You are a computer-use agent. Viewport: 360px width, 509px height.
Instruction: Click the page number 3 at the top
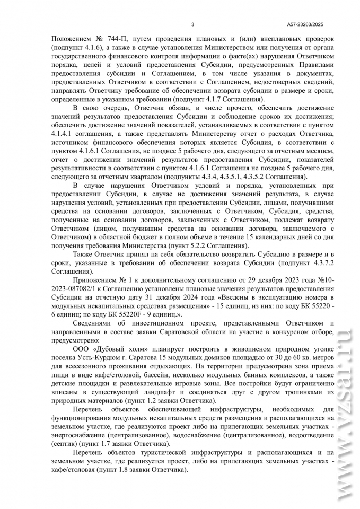point(192,24)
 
